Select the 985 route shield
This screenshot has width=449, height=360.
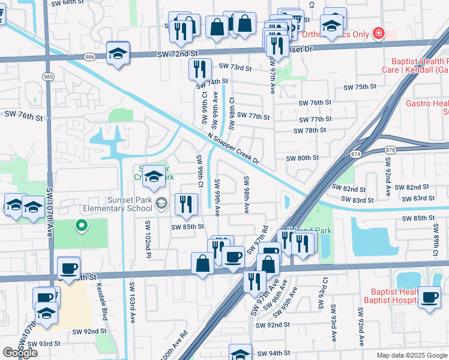[x=47, y=76]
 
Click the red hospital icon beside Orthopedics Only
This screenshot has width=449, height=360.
[x=378, y=34]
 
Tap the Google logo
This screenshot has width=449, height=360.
[x=20, y=353]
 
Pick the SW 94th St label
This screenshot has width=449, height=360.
[x=274, y=353]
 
